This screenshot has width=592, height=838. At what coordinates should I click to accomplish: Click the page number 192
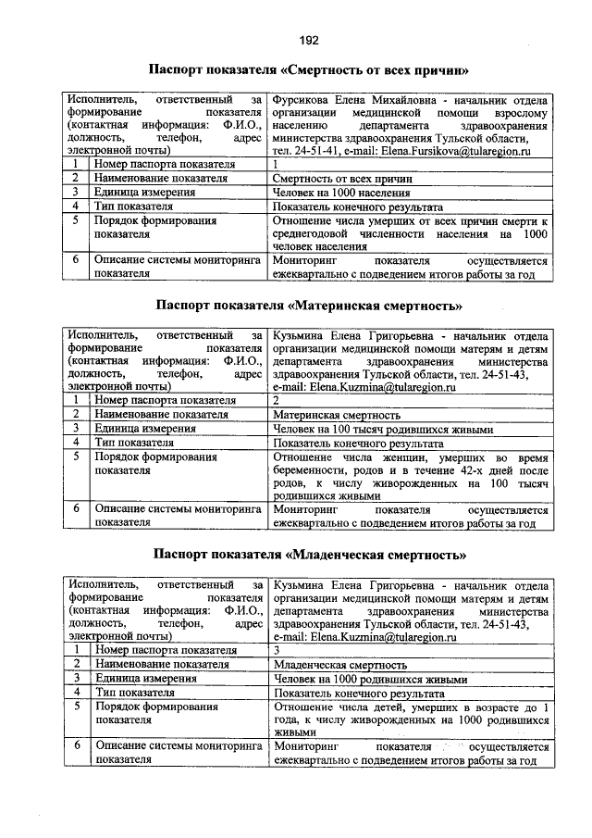(309, 39)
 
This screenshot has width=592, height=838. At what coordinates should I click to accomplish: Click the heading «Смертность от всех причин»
(309, 69)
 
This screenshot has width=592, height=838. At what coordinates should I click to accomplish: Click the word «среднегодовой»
(316, 235)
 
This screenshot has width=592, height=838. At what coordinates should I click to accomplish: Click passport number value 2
(277, 401)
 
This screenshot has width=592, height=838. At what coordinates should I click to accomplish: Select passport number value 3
(277, 650)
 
